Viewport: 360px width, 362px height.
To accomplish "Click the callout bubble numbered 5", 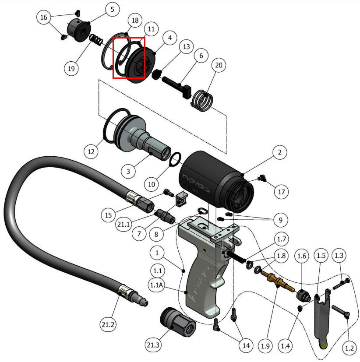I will [113, 10].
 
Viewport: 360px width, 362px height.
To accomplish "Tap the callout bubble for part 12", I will [91, 152].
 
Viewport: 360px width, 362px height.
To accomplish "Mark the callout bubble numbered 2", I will [279, 152].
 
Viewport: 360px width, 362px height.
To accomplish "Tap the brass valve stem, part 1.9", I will [276, 280].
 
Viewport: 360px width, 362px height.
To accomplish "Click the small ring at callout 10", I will [175, 158].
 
